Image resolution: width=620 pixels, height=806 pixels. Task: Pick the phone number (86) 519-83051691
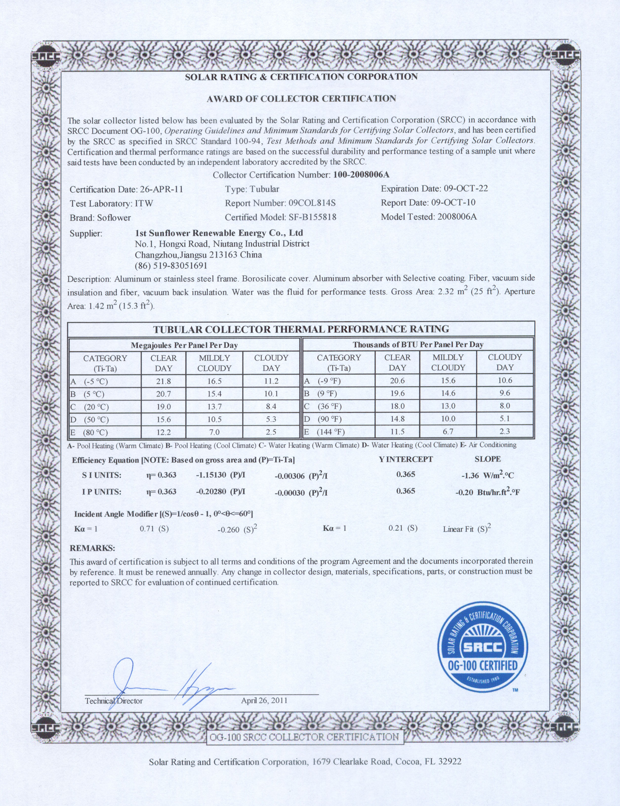coord(171,266)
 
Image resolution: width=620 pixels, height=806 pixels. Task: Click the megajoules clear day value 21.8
coord(163,381)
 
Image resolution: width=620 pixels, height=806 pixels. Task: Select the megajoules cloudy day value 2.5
coord(271,432)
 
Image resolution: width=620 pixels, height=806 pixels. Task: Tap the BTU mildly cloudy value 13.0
coord(448,406)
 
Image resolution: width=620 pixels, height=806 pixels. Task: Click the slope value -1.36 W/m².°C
coord(487,476)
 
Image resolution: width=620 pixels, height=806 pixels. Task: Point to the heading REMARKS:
coord(92,548)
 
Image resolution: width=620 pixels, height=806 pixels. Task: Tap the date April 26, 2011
coord(264,701)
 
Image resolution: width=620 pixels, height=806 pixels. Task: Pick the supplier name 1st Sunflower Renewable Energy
coord(219,233)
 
